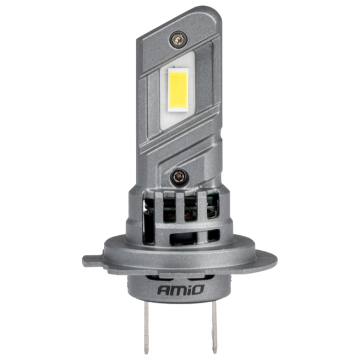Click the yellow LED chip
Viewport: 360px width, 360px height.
178,90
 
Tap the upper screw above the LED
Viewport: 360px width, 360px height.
178,40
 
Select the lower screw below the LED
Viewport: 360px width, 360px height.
179,177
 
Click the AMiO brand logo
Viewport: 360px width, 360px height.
181,290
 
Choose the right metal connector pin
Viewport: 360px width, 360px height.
214,327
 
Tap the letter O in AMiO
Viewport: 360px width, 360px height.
197,290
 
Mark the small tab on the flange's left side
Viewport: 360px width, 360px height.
92,261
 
